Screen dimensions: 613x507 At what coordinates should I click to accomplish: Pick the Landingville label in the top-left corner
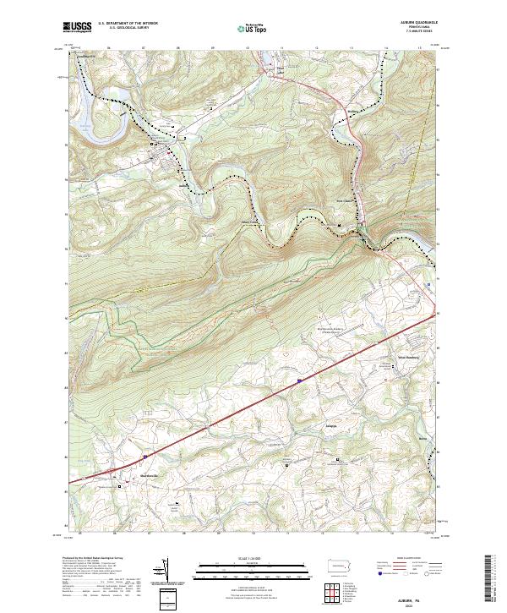pyautogui.click(x=87, y=57)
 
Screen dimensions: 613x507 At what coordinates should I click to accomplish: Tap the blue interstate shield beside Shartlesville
pyautogui.click(x=144, y=456)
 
